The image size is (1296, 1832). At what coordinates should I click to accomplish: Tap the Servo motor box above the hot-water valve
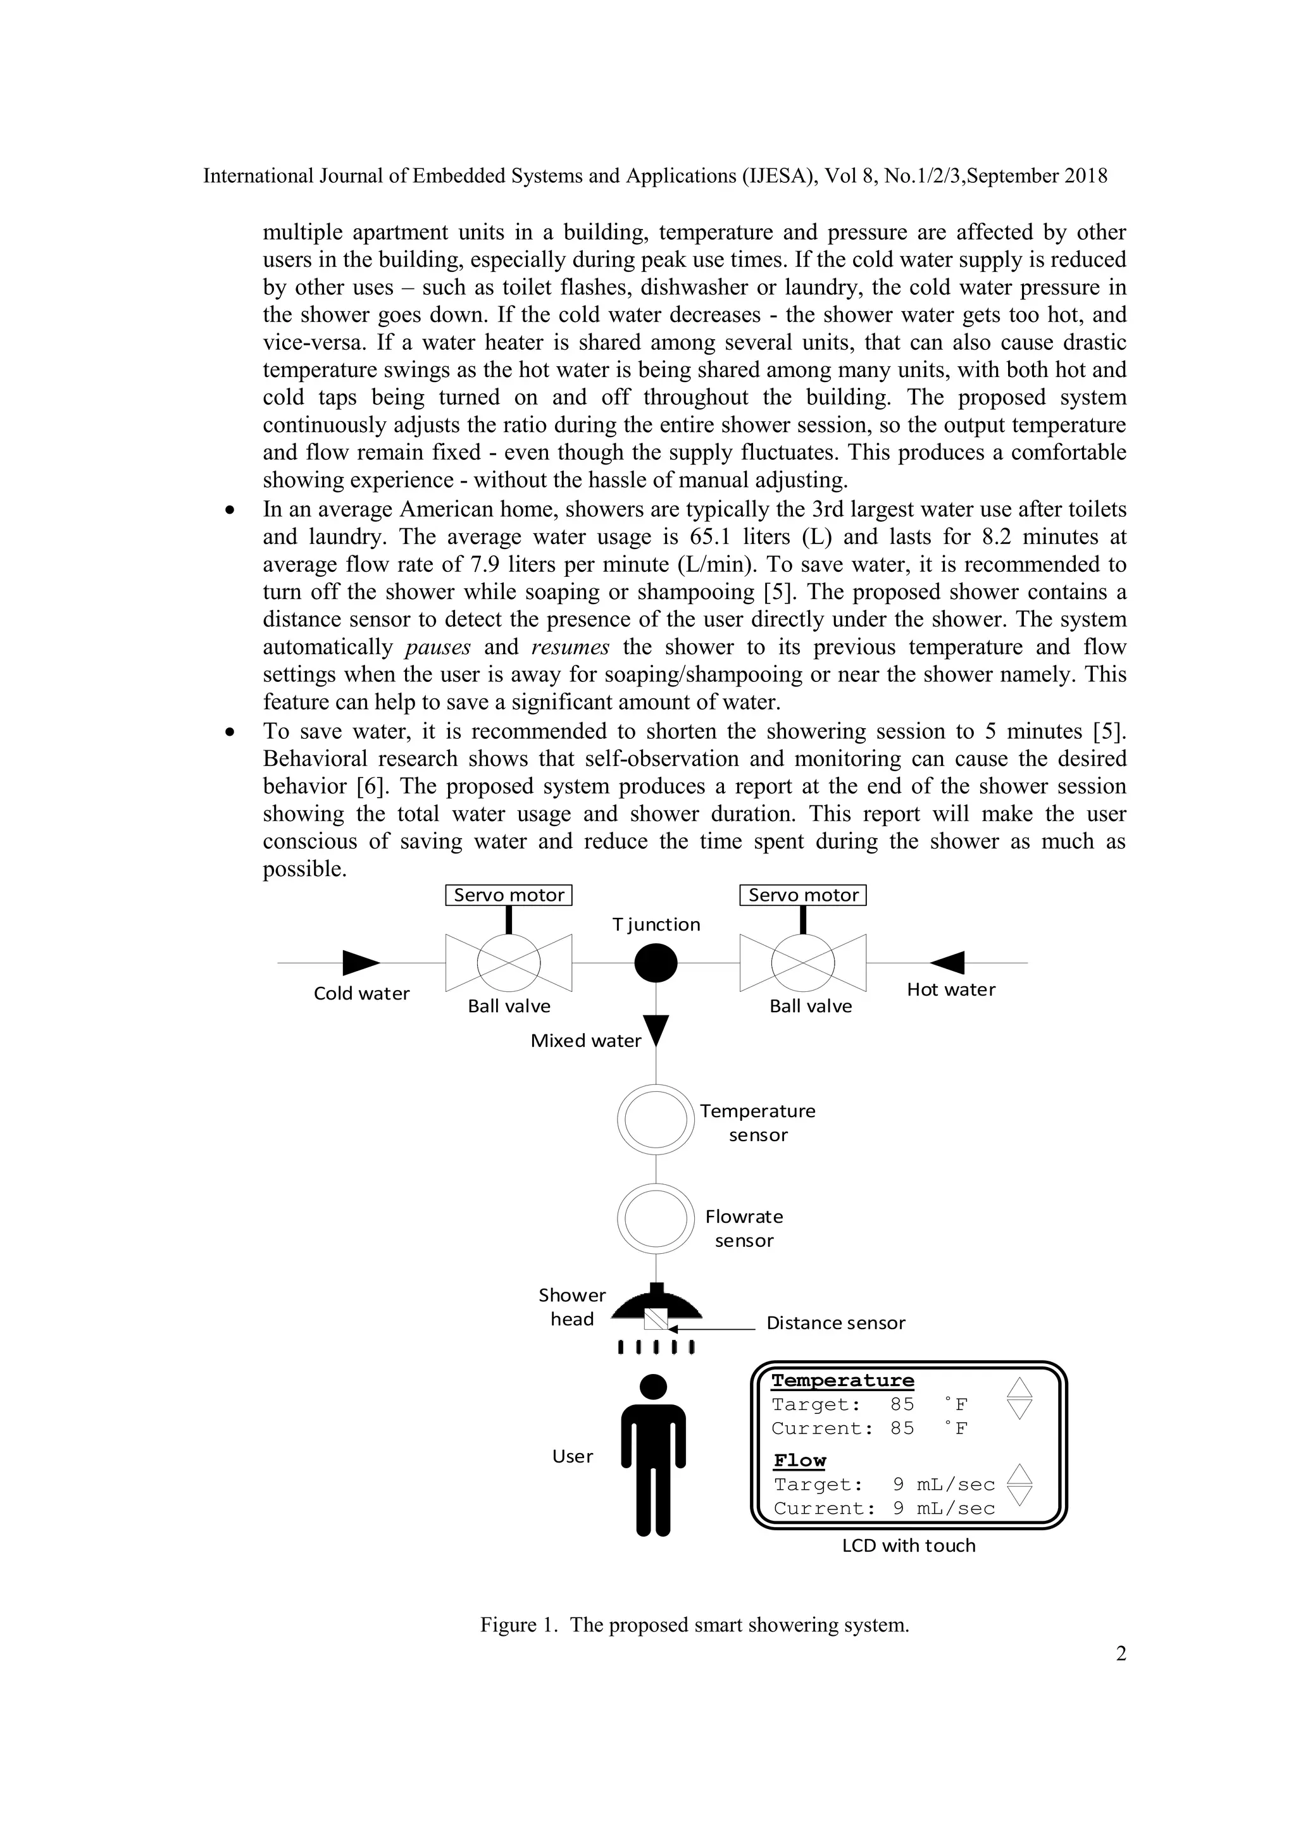coord(803,895)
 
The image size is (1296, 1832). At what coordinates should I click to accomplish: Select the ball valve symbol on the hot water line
coord(803,963)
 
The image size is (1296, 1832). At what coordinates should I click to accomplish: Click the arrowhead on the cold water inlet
coord(360,963)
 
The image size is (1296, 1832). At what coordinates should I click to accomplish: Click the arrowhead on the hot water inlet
coord(948,963)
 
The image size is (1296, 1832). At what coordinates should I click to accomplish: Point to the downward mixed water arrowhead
coord(656,1030)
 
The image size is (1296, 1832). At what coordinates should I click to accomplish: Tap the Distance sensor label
coord(835,1323)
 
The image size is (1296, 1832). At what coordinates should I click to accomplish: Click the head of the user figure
coord(654,1387)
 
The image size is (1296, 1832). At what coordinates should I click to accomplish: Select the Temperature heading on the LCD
coord(843,1380)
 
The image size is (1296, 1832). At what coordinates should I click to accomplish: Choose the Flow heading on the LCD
coord(800,1460)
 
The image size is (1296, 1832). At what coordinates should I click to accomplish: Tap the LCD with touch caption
coord(909,1545)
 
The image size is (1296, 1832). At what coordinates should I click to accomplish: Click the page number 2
coord(1121,1654)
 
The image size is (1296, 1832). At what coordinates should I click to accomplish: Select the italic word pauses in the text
coord(437,647)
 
